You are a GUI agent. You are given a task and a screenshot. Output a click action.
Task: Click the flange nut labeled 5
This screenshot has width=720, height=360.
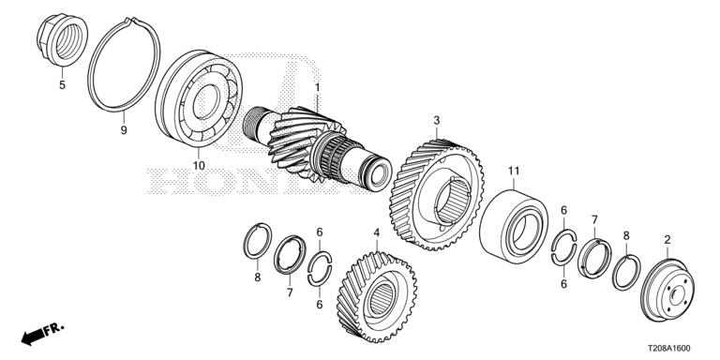click(62, 40)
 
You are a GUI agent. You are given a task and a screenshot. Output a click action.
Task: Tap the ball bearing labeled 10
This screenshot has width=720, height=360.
click(199, 98)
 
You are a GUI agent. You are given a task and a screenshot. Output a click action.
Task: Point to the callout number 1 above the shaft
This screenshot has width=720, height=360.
click(317, 87)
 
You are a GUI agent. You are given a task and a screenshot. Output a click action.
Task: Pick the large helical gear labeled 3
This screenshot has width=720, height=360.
click(436, 195)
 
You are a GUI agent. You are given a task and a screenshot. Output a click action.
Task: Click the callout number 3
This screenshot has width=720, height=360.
click(437, 121)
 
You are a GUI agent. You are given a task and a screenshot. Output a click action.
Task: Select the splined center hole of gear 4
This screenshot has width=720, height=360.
click(382, 298)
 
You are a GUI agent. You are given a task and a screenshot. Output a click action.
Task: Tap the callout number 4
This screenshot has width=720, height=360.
click(377, 232)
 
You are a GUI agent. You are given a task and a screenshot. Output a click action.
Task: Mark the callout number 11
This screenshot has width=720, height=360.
click(514, 172)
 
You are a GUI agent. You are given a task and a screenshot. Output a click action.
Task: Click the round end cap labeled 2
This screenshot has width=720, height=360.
click(667, 291)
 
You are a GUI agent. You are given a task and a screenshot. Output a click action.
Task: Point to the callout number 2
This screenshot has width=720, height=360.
click(667, 239)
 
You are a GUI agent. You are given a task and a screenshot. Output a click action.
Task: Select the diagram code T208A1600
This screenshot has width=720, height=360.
click(669, 349)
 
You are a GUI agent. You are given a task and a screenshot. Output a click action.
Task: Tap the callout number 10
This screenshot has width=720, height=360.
click(199, 165)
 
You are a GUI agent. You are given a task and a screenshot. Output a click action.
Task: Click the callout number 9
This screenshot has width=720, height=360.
click(124, 130)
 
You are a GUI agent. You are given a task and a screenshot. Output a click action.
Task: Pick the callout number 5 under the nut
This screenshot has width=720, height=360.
click(62, 85)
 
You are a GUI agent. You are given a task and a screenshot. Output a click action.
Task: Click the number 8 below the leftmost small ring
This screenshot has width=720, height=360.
click(258, 277)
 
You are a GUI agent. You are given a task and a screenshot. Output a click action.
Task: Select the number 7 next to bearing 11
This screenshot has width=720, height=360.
click(594, 219)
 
